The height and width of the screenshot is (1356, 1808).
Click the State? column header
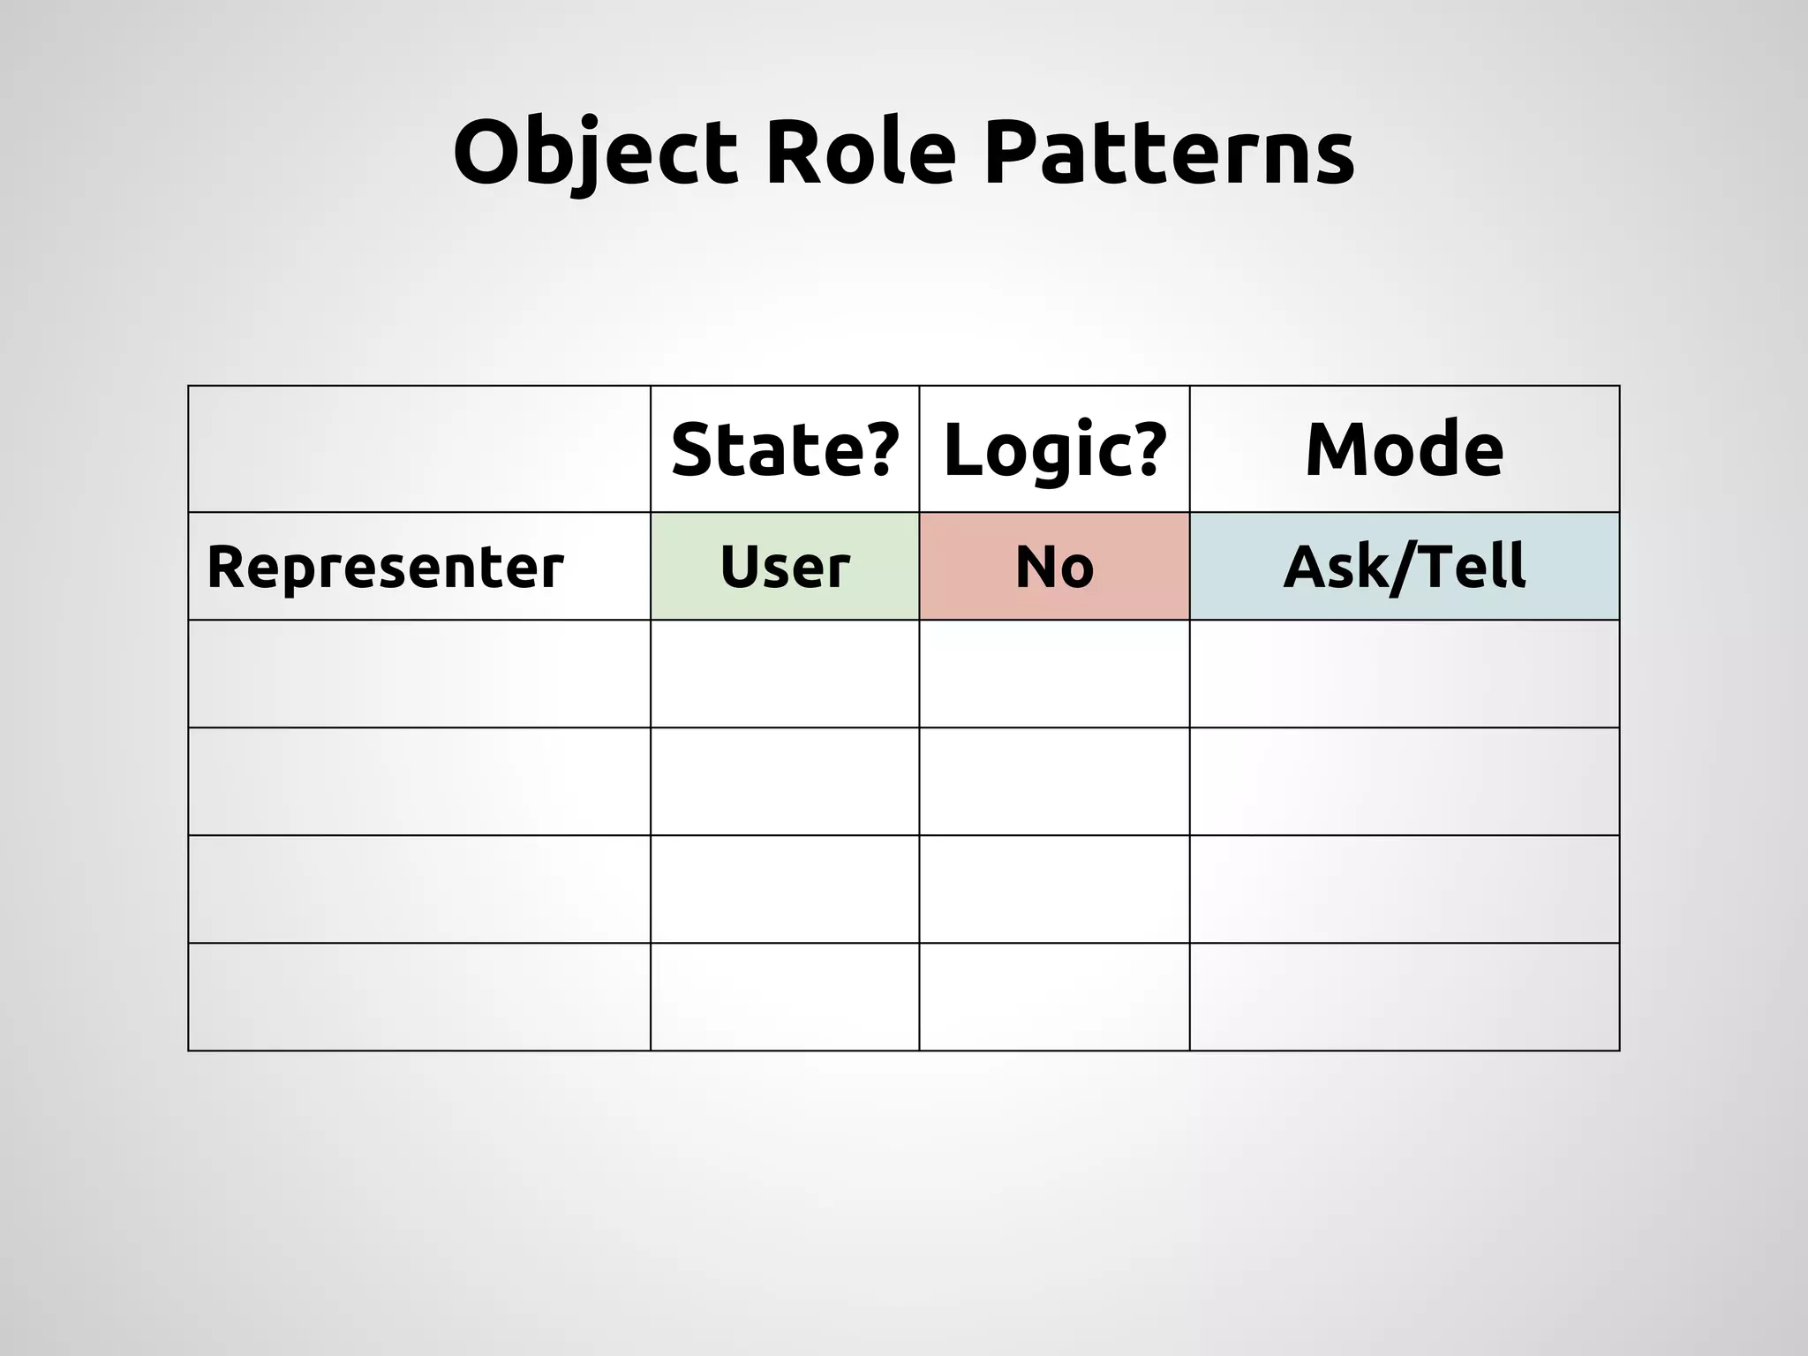click(x=785, y=449)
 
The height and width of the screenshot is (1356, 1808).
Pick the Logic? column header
click(x=1055, y=449)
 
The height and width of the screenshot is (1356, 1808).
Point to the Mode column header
click(x=1404, y=449)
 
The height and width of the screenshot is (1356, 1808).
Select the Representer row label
click(x=385, y=567)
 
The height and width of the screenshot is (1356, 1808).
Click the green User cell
click(x=785, y=567)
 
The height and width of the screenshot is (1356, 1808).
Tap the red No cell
click(x=1055, y=567)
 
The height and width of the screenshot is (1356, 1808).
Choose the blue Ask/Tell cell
click(x=1404, y=567)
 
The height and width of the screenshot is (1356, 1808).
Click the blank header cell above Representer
click(x=419, y=449)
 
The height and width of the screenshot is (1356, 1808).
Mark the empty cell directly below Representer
click(x=419, y=674)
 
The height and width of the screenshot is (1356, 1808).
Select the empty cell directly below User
click(x=785, y=674)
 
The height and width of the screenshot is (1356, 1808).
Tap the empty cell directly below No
click(x=1055, y=674)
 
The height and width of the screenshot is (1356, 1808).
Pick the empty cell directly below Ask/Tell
click(x=1404, y=674)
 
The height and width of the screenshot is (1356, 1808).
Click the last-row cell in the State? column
click(x=785, y=997)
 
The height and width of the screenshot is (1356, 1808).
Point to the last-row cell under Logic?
click(x=1055, y=997)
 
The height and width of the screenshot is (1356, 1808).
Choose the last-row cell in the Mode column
click(x=1404, y=997)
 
